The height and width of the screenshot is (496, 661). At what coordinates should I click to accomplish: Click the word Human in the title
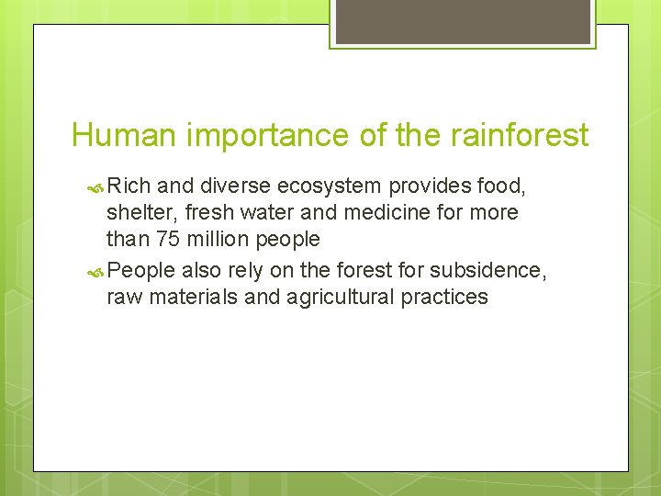click(124, 136)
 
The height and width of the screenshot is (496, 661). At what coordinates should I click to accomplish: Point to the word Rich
click(129, 186)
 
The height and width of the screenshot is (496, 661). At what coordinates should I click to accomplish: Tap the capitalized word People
click(141, 271)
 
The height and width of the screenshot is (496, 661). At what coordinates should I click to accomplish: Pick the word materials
click(186, 297)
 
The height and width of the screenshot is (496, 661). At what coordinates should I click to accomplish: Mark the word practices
click(445, 297)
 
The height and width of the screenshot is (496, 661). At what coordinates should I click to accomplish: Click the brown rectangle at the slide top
click(463, 20)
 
